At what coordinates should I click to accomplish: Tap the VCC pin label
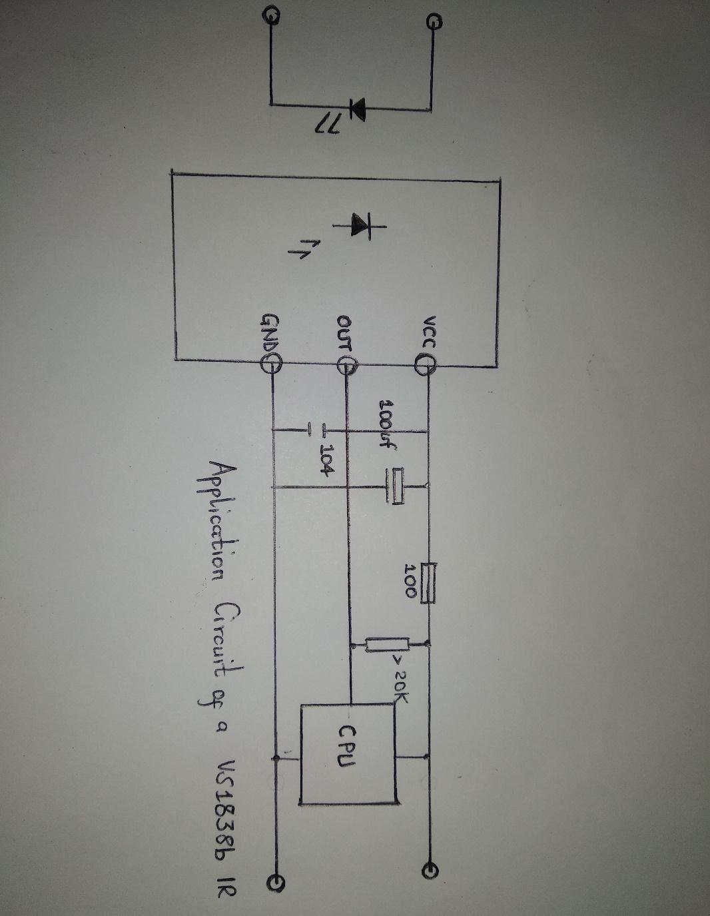point(428,332)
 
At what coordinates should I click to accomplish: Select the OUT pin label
point(344,332)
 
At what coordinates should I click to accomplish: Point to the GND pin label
point(271,332)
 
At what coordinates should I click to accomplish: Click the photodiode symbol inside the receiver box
point(360,225)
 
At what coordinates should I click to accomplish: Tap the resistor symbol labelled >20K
point(387,644)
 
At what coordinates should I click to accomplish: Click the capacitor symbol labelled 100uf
point(397,486)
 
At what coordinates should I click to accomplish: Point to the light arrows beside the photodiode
point(297,250)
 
